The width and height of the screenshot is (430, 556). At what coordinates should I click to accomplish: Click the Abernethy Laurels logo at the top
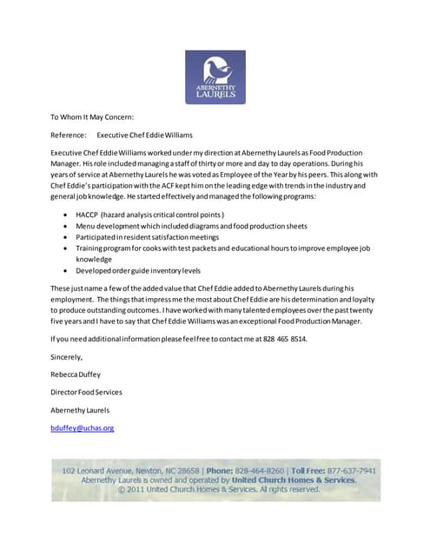(x=215, y=77)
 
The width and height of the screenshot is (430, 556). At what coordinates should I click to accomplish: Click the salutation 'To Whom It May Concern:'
(x=92, y=117)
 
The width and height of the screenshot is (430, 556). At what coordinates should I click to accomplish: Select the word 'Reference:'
(x=68, y=135)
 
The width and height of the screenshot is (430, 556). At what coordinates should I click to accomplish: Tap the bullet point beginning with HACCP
(x=149, y=214)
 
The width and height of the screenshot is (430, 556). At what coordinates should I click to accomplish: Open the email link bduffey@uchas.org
(x=83, y=427)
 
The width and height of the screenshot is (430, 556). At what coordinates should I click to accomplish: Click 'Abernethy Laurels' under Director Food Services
(x=80, y=409)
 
